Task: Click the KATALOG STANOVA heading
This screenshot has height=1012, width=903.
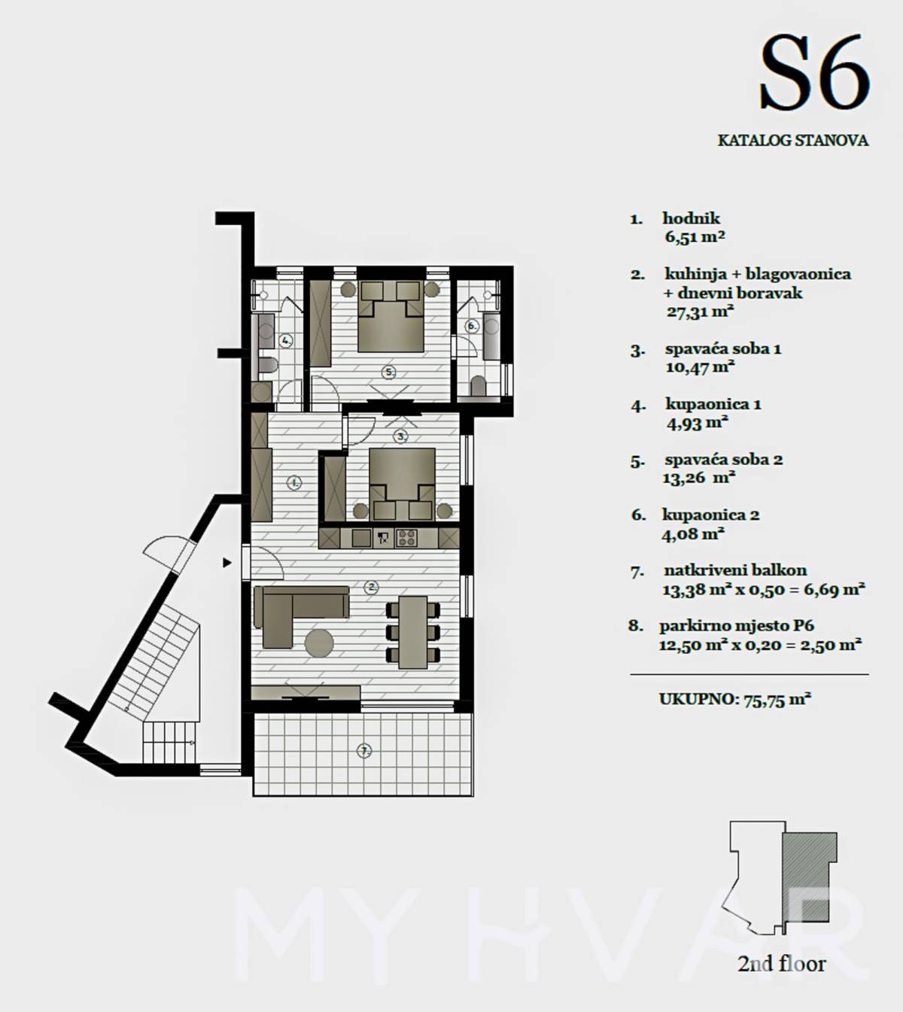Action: [x=793, y=141]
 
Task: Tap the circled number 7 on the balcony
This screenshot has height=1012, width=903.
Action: [x=363, y=751]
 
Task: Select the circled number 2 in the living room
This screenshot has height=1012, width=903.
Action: [x=371, y=588]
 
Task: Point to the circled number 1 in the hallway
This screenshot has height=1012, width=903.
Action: [x=295, y=483]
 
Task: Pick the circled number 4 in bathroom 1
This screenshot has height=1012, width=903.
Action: [x=286, y=341]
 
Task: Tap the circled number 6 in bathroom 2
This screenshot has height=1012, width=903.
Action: [x=472, y=327]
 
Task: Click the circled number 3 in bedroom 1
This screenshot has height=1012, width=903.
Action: [x=400, y=436]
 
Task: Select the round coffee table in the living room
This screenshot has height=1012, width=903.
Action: [x=319, y=643]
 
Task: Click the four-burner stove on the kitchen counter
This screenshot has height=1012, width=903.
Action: [x=406, y=539]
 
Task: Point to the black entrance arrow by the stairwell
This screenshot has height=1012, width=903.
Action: [x=227, y=563]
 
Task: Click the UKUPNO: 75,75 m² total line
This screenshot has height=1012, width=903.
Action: [x=734, y=699]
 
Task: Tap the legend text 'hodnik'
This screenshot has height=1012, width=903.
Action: [x=691, y=218]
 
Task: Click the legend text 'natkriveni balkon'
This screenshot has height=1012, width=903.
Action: [x=735, y=570]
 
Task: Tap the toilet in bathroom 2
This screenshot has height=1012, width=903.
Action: [x=478, y=387]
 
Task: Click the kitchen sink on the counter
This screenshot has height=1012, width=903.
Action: [x=361, y=539]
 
